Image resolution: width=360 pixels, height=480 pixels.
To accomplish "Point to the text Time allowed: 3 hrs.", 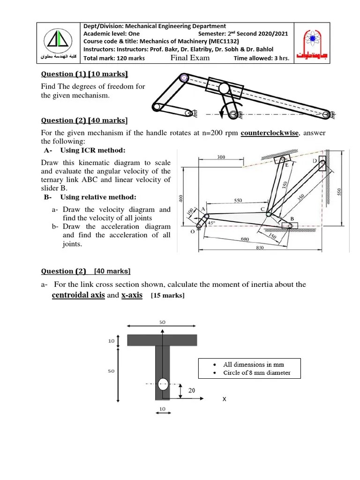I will click(x=261, y=59).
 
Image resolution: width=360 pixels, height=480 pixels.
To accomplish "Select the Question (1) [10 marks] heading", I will click(x=84, y=74).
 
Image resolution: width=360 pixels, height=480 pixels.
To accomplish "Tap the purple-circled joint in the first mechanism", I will click(x=184, y=78).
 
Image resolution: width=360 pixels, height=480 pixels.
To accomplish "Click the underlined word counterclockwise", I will click(x=270, y=133).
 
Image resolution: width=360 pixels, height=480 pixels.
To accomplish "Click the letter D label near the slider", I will click(x=315, y=161).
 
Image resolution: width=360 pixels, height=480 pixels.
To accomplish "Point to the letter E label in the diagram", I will click(x=287, y=165).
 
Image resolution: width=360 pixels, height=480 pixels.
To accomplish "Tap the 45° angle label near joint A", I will click(x=211, y=224).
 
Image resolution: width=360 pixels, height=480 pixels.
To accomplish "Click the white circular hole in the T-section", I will click(x=163, y=384).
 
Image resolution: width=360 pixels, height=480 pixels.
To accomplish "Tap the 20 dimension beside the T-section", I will click(x=192, y=390).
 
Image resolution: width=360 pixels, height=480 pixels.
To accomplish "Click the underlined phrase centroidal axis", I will click(x=78, y=295).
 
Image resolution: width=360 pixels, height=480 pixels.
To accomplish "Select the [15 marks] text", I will click(x=167, y=296).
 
